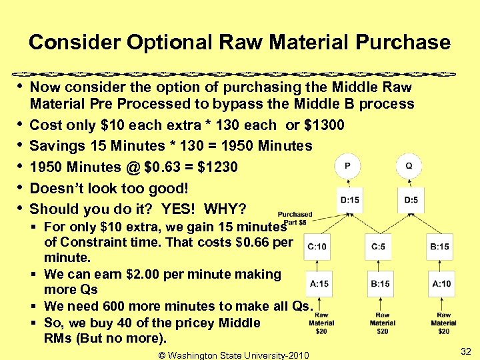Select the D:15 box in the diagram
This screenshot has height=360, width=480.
(349, 199)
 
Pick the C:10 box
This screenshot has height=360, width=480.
(318, 247)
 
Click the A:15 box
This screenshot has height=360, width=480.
(319, 284)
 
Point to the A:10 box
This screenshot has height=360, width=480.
(441, 284)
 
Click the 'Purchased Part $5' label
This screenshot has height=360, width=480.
(294, 219)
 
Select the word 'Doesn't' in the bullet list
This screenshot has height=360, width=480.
(56, 187)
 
